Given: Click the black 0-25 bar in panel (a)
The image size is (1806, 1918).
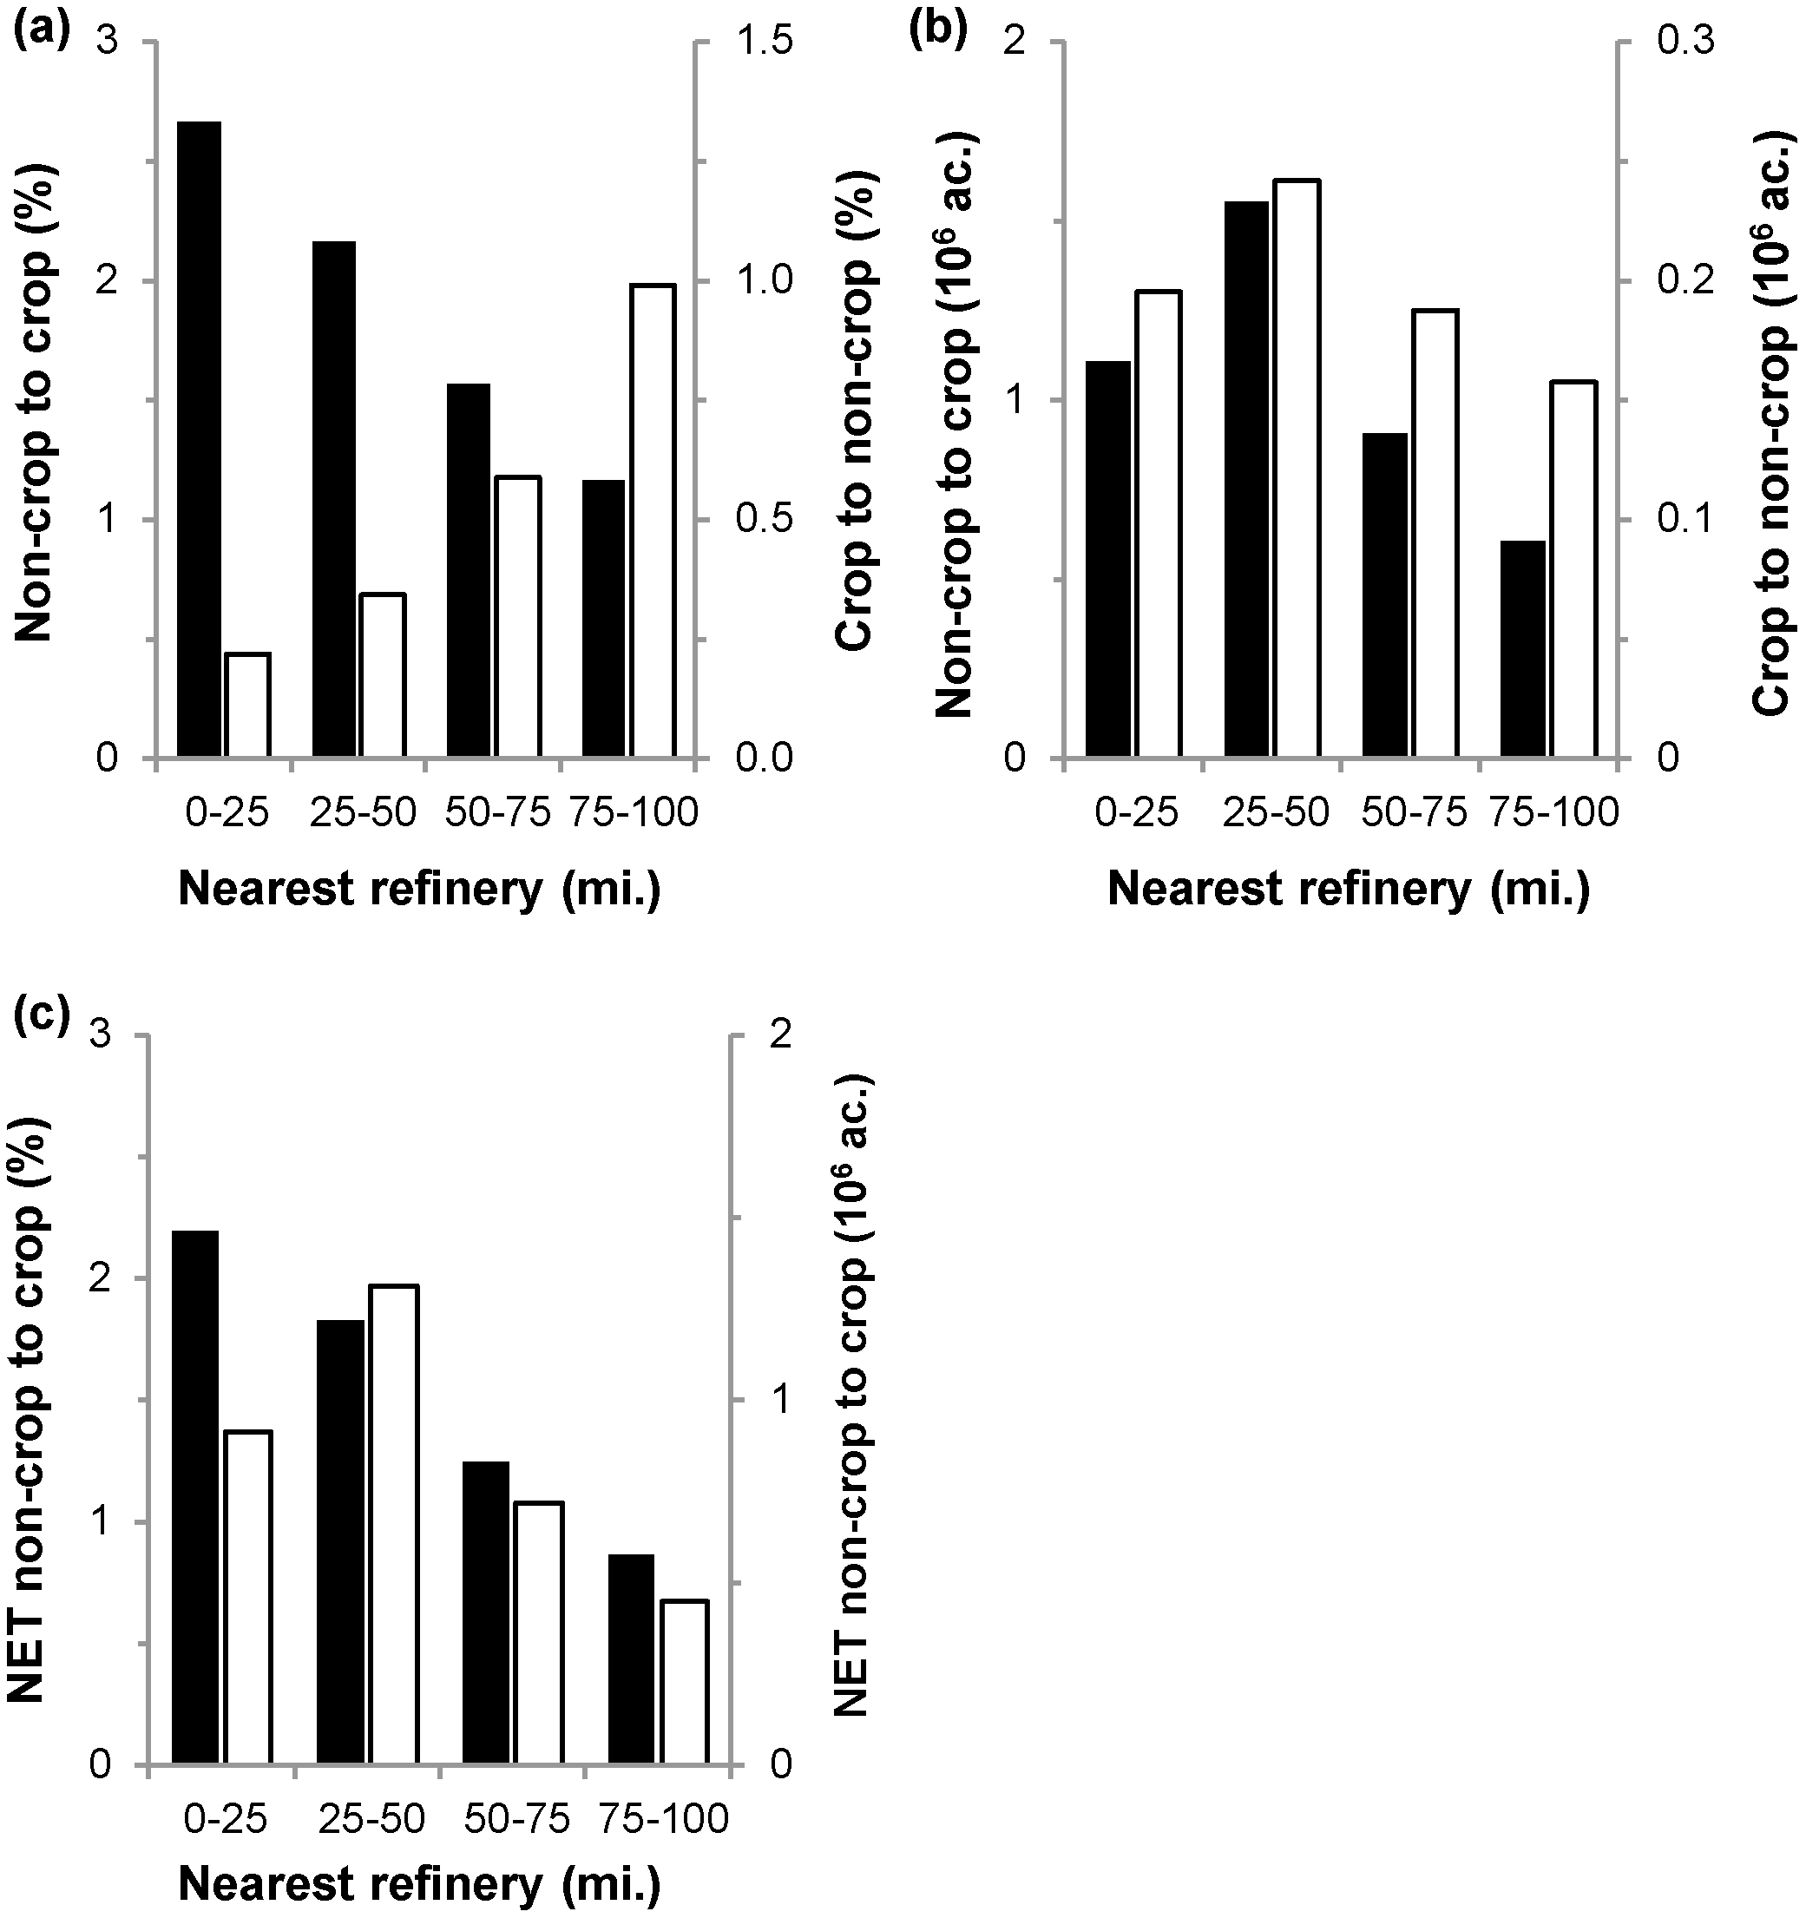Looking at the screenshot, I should tap(199, 439).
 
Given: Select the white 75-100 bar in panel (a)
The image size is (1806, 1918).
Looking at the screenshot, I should tap(651, 521).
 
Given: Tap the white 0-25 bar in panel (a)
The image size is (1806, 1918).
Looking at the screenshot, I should tap(248, 706).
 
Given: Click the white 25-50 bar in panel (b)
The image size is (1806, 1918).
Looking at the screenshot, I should tap(1296, 468).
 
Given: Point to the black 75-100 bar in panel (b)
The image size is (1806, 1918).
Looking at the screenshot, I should tap(1524, 649).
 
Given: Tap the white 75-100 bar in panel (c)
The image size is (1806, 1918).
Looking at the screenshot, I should tap(684, 1684).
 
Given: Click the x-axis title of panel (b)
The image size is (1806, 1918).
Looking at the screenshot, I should tap(1349, 889).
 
